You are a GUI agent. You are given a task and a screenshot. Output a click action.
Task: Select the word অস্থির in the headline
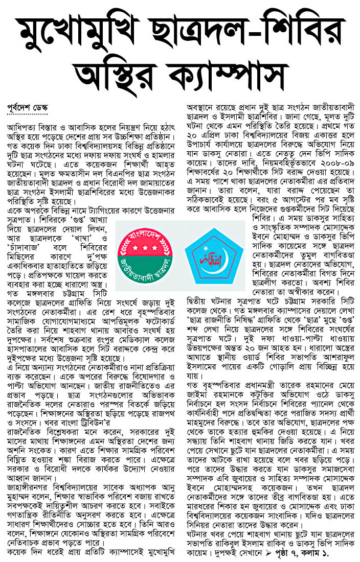115,74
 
